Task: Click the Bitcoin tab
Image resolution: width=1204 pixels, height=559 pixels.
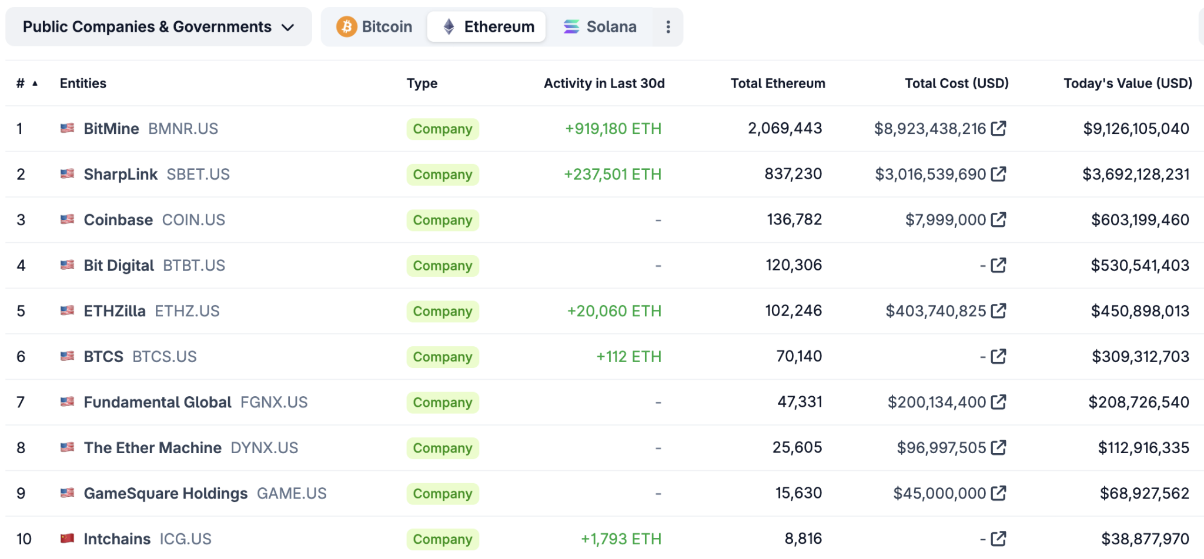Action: tap(374, 27)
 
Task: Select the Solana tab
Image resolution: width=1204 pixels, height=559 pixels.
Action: tap(600, 27)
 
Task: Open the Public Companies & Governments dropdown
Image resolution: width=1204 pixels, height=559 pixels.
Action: tap(158, 27)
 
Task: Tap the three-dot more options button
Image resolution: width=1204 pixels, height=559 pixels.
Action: tap(668, 27)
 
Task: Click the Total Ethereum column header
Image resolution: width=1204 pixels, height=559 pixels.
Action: tap(777, 83)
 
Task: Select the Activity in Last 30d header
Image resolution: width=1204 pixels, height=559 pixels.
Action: tap(604, 83)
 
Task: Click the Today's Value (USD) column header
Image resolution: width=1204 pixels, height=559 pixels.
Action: tap(1128, 83)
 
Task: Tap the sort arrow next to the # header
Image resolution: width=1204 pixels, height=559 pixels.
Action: tap(35, 83)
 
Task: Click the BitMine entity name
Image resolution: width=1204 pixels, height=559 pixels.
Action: tap(111, 129)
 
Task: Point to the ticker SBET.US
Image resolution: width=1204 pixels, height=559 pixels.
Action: tap(198, 175)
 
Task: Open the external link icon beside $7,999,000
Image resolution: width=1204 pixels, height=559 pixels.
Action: tap(998, 220)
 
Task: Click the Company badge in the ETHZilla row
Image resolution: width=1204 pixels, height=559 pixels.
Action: tap(442, 312)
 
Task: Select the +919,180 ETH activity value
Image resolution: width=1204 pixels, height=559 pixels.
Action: tap(613, 129)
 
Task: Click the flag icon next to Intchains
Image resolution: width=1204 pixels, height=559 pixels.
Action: tap(68, 538)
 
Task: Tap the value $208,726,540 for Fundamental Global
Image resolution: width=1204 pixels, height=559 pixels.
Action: tap(1138, 403)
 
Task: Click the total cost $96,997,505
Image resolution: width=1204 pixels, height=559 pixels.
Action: tap(941, 448)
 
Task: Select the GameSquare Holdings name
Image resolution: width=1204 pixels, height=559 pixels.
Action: tap(165, 494)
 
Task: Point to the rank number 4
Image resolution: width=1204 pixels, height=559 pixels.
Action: tap(21, 266)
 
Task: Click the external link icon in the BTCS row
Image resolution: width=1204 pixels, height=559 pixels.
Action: tap(998, 356)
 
